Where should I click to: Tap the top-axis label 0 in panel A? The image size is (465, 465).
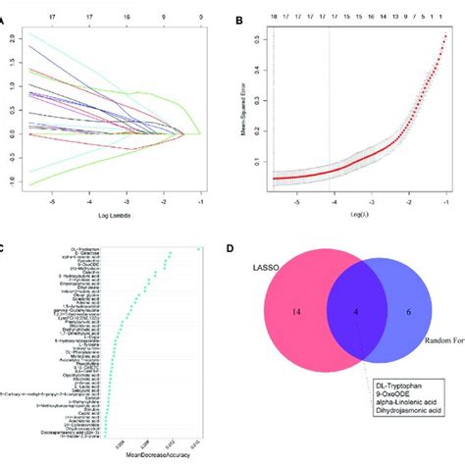click(201, 17)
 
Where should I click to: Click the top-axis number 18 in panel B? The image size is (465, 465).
click(274, 17)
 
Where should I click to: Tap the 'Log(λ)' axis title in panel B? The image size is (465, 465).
click(359, 215)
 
